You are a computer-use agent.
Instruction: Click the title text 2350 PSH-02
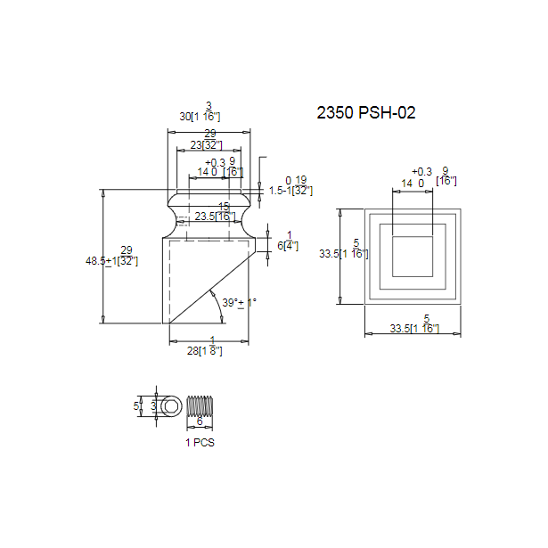point(366,113)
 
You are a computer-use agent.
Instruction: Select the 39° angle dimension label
point(239,303)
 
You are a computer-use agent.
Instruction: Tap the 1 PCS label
point(200,442)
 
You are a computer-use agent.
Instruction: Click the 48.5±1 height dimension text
point(111,261)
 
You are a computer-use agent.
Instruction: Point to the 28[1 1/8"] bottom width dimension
point(209,350)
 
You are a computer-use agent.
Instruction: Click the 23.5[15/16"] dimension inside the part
point(215,216)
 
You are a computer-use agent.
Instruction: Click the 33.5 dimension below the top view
point(415,329)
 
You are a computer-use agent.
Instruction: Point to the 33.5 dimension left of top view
point(344,253)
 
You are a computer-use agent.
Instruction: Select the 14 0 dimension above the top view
point(412,183)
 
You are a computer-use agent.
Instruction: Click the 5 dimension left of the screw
point(136,405)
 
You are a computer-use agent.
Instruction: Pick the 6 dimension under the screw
point(200,421)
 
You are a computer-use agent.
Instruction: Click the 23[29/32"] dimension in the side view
point(206,144)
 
